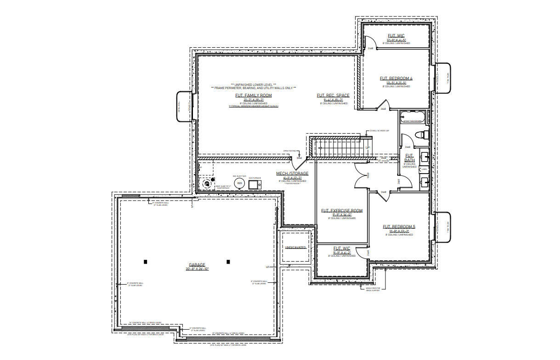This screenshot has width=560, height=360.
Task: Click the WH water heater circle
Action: click(239, 183)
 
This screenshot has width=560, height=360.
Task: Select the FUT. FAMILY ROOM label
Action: click(254, 96)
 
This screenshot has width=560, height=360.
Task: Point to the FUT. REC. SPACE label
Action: click(333, 96)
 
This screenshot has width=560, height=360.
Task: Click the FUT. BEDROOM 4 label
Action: click(396, 79)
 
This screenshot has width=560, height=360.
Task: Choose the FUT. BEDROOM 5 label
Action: click(399, 226)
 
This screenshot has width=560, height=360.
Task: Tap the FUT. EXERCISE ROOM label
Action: click(341, 211)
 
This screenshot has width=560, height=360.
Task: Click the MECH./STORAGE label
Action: click(292, 174)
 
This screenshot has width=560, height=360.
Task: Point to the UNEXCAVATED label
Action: click(295, 247)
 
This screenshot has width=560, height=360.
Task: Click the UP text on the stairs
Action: click(368, 147)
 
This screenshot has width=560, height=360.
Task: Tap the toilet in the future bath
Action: click(419, 135)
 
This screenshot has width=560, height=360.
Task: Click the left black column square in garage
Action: click(145, 262)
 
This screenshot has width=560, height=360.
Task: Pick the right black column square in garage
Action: click(228, 262)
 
